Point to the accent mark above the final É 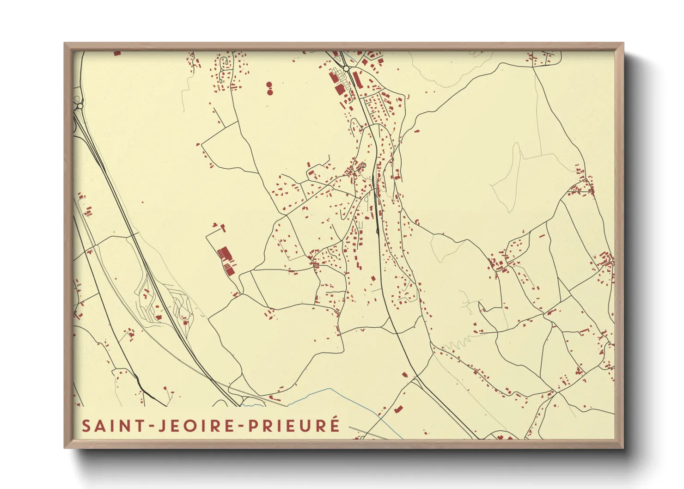coord(336,418)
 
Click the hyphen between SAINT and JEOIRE coord(152,426)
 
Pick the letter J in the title coord(162,426)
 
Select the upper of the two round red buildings coord(269,85)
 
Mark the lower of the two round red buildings coord(269,92)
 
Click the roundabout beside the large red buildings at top coord(346,68)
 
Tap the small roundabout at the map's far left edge coord(80,106)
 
